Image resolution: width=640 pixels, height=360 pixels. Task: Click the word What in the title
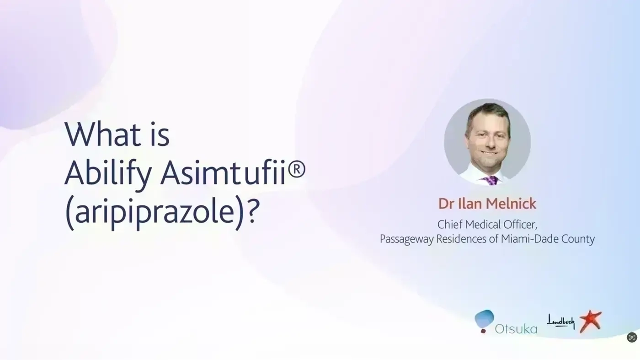point(103,134)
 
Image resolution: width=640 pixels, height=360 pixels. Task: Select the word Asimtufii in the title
point(223,173)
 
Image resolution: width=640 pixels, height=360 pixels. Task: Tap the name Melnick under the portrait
point(511,204)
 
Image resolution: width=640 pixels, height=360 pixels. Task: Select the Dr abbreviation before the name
point(447,204)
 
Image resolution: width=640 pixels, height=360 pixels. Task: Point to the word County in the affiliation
point(578,239)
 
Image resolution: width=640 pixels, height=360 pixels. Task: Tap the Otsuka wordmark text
point(516,329)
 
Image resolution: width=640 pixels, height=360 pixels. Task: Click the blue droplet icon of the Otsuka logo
point(484,319)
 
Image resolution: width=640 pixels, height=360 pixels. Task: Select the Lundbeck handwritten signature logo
point(560,322)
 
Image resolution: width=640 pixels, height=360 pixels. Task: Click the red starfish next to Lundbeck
point(590,321)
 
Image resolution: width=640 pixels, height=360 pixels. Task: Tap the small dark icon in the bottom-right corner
point(632,338)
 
